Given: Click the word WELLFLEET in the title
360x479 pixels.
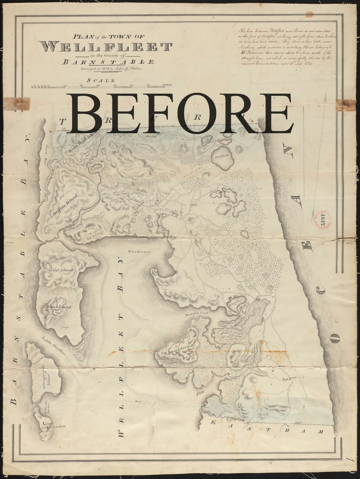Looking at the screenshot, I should pos(107,47).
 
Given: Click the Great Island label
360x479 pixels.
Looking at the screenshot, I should pos(61,270).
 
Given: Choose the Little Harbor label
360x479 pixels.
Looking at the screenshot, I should pos(53,346).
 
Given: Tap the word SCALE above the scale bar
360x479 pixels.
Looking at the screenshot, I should pos(101,80).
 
